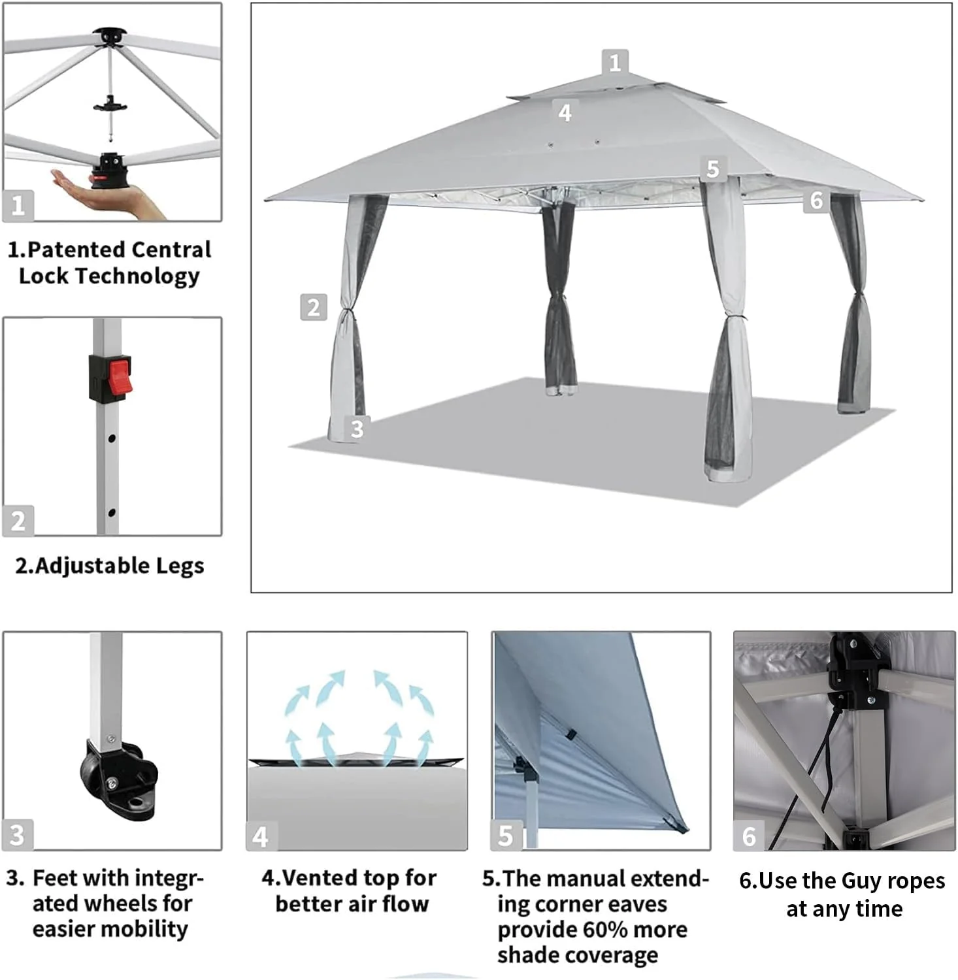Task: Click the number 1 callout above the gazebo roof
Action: point(614,63)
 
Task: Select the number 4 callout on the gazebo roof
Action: point(565,112)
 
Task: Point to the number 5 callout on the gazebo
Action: point(712,169)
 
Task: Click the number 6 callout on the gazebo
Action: point(816,200)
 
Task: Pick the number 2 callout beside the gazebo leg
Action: point(313,307)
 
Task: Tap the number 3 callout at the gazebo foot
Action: point(357,429)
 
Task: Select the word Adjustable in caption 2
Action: point(84,566)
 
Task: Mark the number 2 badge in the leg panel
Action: point(18,521)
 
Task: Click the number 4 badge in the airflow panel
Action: point(260,836)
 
